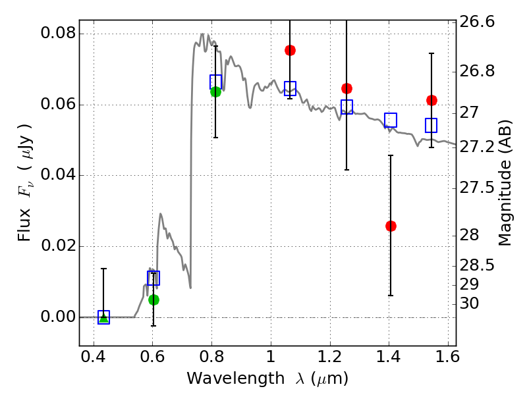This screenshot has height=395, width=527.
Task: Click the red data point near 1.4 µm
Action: tap(391, 226)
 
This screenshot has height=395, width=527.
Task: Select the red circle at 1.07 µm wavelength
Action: tap(290, 50)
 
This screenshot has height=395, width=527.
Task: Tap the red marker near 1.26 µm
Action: tap(347, 88)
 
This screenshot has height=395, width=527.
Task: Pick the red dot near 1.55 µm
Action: tap(431, 100)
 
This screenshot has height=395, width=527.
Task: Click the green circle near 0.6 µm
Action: tap(153, 300)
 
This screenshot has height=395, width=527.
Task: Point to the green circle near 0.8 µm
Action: tap(215, 92)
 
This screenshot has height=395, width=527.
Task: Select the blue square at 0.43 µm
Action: tap(103, 317)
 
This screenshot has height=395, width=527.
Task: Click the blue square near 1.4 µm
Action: tap(391, 120)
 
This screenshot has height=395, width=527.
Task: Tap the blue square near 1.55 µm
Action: tap(431, 125)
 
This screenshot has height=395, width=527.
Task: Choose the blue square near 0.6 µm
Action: tap(153, 278)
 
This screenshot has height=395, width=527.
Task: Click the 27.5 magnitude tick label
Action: tap(478, 188)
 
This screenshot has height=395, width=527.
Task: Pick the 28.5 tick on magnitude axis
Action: tap(478, 266)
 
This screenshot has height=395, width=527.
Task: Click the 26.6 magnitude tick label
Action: tap(478, 22)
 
